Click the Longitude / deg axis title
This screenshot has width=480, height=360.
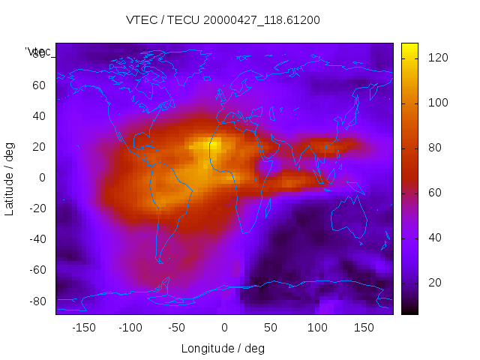click(x=223, y=349)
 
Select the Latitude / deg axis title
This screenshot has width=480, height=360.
click(x=10, y=178)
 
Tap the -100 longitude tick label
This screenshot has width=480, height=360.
click(x=130, y=328)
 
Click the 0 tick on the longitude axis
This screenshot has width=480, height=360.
click(x=223, y=328)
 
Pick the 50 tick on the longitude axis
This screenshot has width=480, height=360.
click(x=270, y=328)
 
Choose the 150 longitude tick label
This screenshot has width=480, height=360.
click(x=364, y=328)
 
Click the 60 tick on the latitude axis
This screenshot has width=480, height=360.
click(x=39, y=85)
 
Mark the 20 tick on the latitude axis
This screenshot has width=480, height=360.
click(x=39, y=147)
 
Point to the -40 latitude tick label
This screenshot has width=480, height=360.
click(x=36, y=239)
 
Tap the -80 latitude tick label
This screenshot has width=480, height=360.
click(x=36, y=301)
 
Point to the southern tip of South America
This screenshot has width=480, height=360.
click(x=160, y=261)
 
